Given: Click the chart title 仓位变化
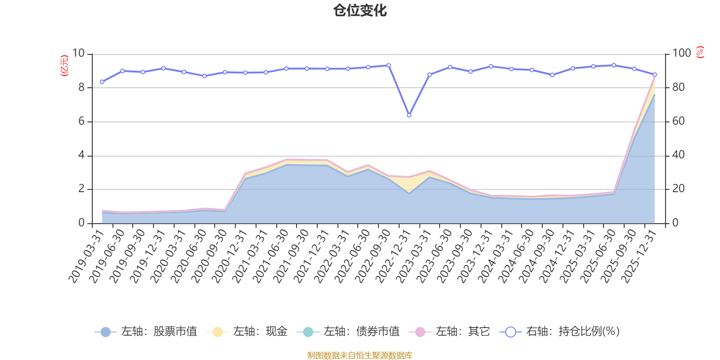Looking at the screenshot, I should (x=360, y=10).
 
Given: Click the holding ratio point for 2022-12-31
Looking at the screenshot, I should (x=409, y=115).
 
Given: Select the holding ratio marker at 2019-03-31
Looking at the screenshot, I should (x=102, y=82).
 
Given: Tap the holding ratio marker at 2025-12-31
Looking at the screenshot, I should (x=655, y=75).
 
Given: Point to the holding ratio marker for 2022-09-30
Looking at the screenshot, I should (x=389, y=65).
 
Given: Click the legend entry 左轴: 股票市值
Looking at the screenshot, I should (x=146, y=332).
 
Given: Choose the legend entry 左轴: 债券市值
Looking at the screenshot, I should (x=348, y=332).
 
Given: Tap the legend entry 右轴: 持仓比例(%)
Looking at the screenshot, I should (x=560, y=332).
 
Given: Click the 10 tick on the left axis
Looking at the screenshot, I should (x=78, y=53).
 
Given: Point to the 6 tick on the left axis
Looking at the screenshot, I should (x=81, y=121).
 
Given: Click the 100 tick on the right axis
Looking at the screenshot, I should (x=681, y=53).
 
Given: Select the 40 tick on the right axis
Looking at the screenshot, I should (x=679, y=155).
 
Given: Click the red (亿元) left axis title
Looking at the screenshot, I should (x=64, y=66).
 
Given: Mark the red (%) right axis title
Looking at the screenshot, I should (x=700, y=53).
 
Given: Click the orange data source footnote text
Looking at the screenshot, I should (x=360, y=355).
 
